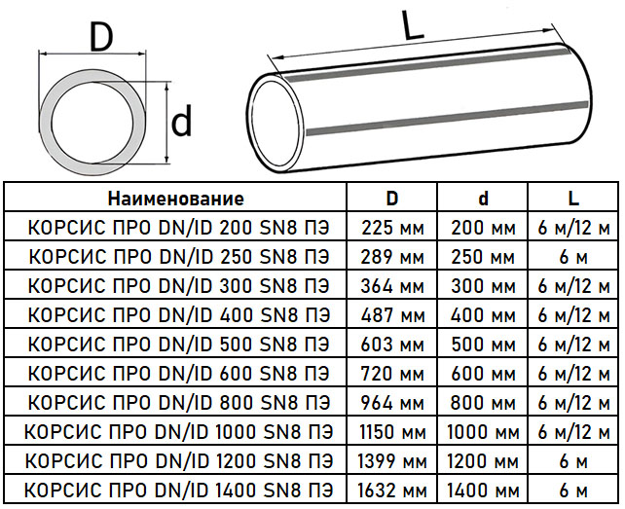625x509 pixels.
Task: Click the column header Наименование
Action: [176, 199]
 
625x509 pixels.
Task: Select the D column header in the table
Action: [392, 198]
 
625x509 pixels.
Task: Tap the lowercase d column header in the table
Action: [483, 198]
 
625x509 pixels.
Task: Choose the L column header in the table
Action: [573, 198]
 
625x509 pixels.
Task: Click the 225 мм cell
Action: [392, 228]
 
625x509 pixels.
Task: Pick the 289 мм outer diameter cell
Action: [392, 257]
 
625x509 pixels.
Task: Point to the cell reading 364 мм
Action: [392, 286]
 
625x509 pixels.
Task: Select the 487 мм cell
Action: [393, 315]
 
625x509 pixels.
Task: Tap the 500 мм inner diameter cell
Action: [483, 345]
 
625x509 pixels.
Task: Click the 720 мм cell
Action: [392, 374]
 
